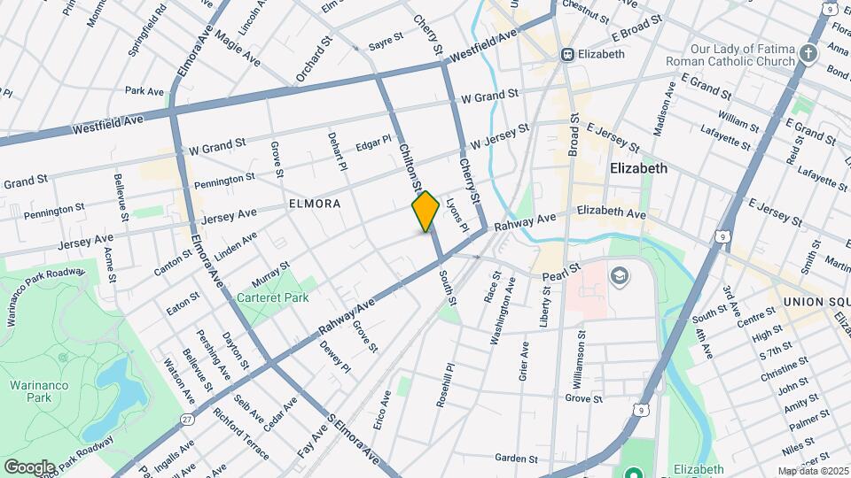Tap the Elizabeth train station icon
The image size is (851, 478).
[x=568, y=54]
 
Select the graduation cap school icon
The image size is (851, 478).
[x=618, y=278]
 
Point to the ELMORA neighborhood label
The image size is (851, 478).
[x=315, y=204]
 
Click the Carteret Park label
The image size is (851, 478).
[x=272, y=297]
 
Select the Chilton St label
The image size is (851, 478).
[x=409, y=168]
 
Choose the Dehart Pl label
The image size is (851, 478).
[x=337, y=151]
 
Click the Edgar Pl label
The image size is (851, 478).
[x=373, y=142]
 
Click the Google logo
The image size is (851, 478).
[x=29, y=466]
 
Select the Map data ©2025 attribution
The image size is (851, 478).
[x=813, y=471]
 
